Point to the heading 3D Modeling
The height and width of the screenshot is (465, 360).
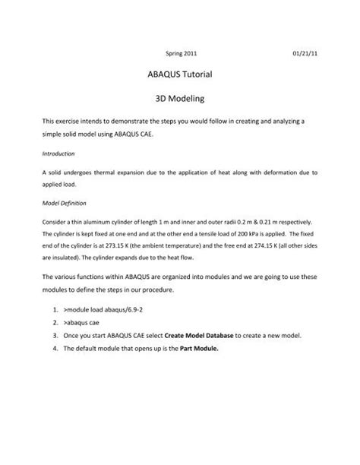[x=180, y=100]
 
